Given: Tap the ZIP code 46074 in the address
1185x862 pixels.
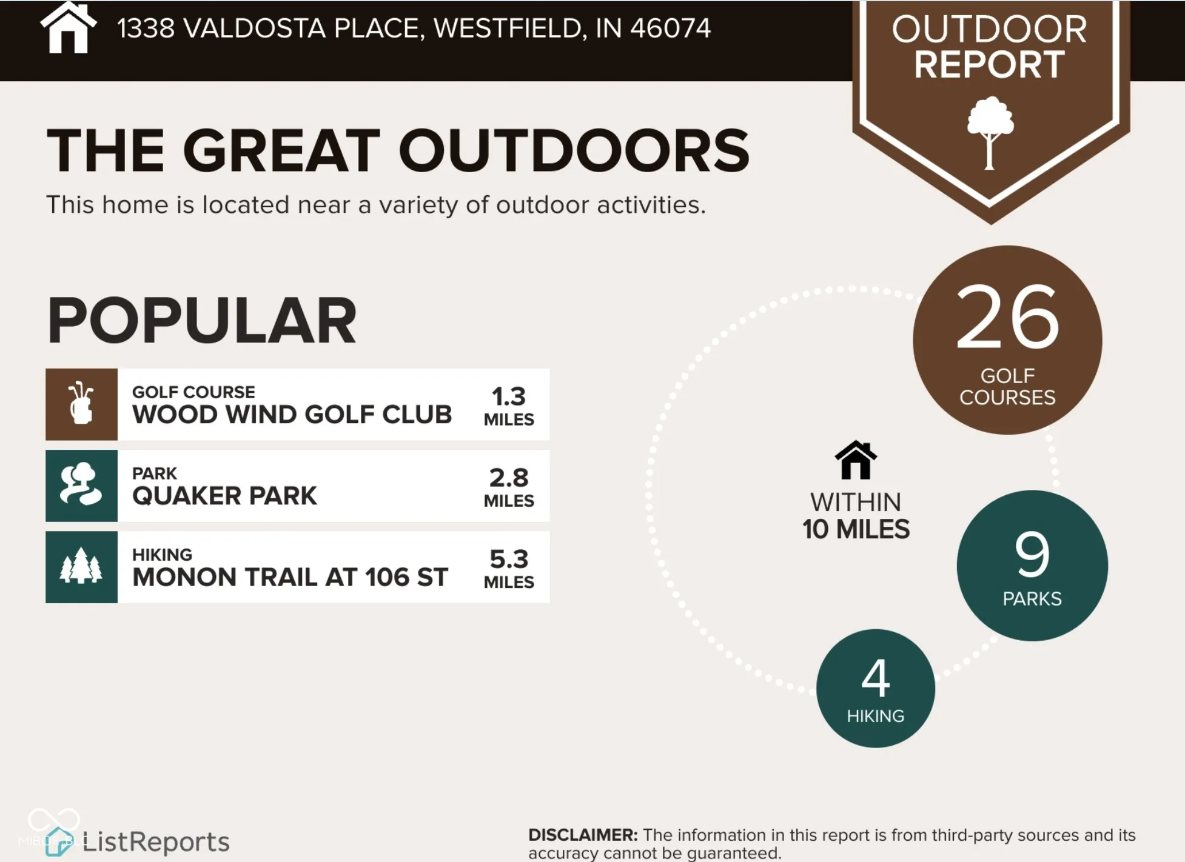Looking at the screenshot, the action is click(x=670, y=28).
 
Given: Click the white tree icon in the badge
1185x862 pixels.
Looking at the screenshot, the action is click(x=990, y=133).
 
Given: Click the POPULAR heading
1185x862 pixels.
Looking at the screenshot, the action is click(x=202, y=321).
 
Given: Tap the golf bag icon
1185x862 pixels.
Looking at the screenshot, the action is click(x=81, y=403).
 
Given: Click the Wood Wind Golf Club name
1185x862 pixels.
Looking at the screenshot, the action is click(x=292, y=415).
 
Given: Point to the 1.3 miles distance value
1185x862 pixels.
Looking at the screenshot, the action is click(x=509, y=406).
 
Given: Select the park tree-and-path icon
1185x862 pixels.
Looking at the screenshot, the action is click(x=81, y=484).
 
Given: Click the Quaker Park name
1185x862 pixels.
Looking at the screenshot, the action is click(x=224, y=496).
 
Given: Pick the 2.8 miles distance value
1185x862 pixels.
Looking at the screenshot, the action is click(x=509, y=487).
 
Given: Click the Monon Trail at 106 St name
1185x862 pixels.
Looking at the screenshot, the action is click(x=290, y=577).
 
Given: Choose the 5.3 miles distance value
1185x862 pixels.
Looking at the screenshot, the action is click(x=509, y=568).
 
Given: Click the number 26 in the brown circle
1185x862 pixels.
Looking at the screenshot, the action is click(x=1007, y=317).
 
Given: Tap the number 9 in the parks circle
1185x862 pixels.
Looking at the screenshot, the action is click(x=1032, y=553).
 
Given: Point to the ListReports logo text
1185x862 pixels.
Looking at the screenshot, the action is click(x=156, y=842).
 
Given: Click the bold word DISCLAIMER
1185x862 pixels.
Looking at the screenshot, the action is click(x=583, y=835).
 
